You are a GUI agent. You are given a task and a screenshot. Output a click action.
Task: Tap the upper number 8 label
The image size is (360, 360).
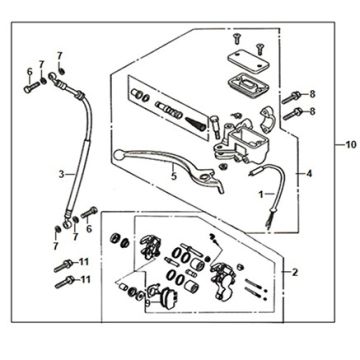pyautogui.click(x=312, y=95)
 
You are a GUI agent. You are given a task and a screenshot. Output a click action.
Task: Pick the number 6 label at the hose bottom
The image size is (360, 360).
pyautogui.click(x=88, y=229)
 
